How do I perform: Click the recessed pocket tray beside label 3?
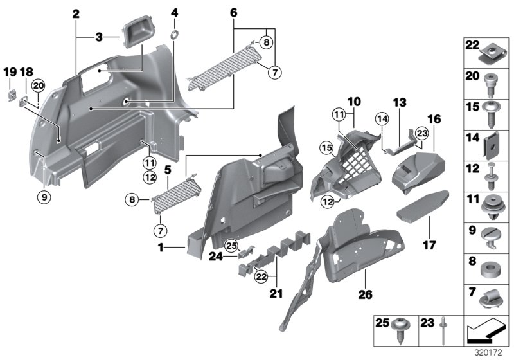pos(137,32)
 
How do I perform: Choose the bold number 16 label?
pos(434,119)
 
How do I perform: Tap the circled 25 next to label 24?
pos(232,245)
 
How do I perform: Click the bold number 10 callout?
pos(355,102)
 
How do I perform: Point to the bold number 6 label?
pos(233,12)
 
